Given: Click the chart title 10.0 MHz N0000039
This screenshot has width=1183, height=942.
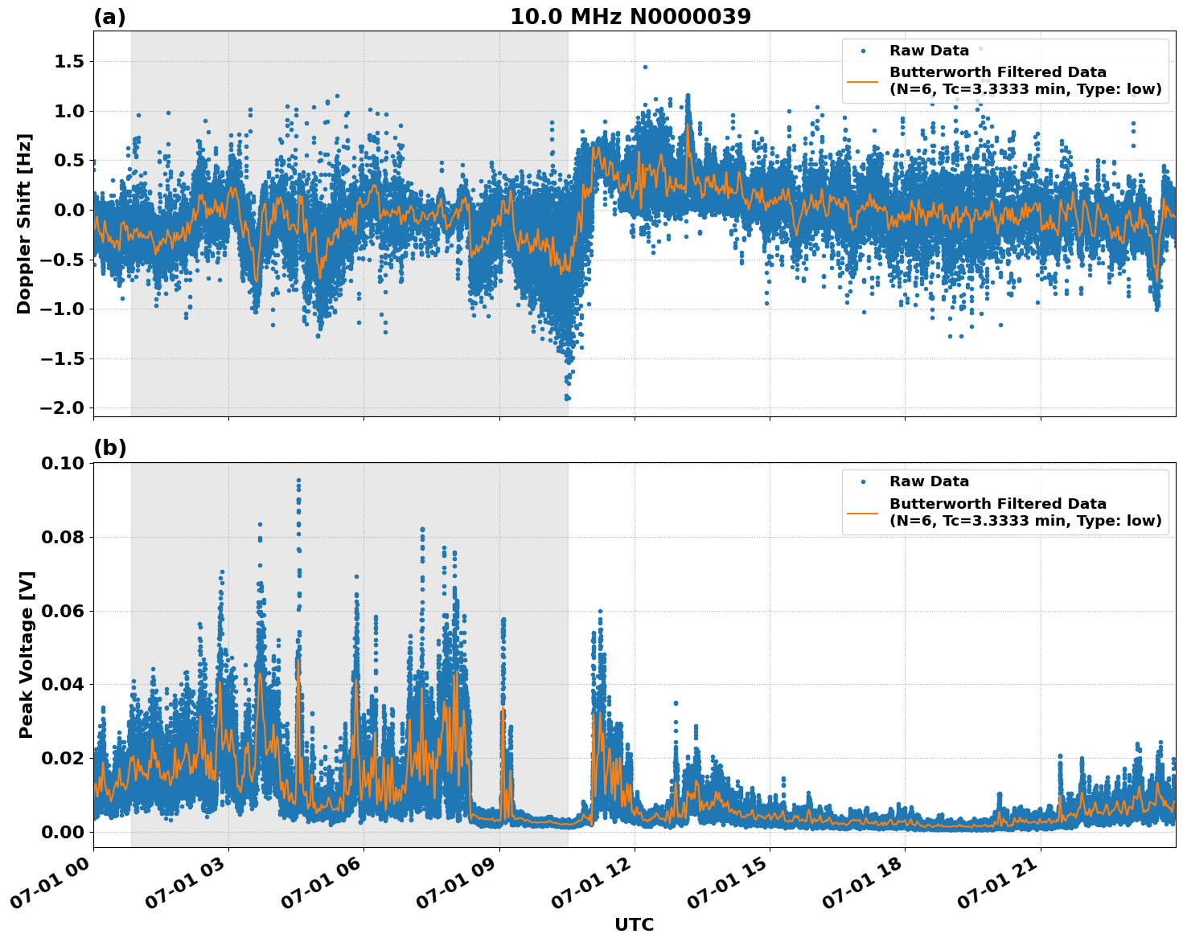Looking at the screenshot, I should (x=630, y=17).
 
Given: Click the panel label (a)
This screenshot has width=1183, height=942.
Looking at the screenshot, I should (x=109, y=17).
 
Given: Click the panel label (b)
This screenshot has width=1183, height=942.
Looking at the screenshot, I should (x=109, y=448).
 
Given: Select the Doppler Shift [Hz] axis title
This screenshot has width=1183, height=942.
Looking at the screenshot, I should (x=24, y=223).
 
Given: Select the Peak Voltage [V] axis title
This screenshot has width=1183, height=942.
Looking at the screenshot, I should (x=27, y=654).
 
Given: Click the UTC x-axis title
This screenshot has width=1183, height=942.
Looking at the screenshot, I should (x=634, y=924).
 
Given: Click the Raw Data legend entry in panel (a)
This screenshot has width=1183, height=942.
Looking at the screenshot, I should (x=929, y=51).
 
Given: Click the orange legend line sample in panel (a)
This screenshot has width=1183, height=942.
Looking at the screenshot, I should (x=863, y=80).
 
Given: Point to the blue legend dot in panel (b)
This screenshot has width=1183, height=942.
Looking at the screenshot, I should (x=863, y=481).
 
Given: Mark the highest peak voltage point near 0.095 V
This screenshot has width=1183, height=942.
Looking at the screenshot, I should (x=298, y=481).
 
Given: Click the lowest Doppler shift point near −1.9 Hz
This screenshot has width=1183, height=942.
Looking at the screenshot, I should (x=567, y=397).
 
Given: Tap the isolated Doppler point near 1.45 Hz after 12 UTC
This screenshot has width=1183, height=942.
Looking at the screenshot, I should (x=645, y=68).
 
